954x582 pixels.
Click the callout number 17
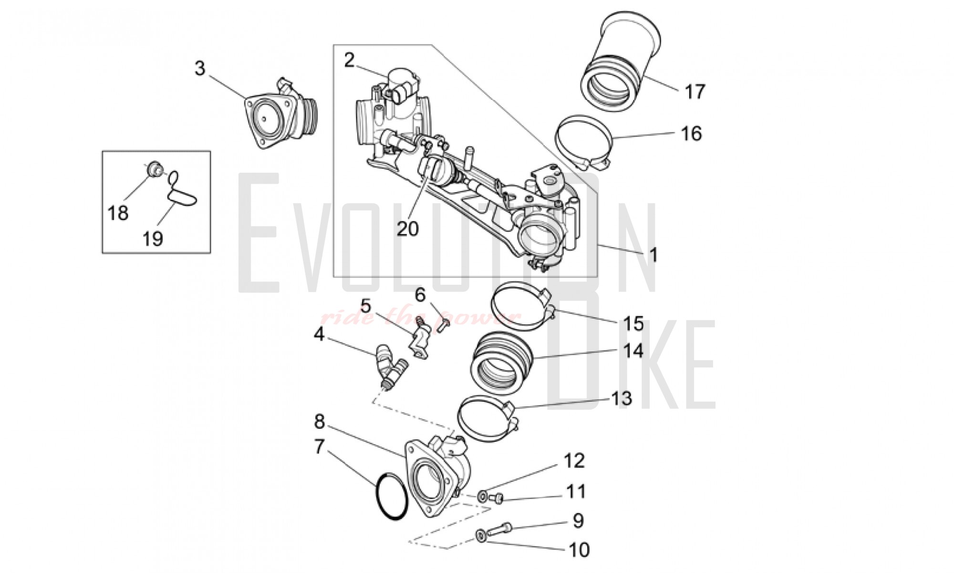pos(695,91)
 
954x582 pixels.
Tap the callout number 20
pos(407,229)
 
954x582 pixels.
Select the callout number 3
pos(200,69)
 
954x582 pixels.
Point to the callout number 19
pos(153,238)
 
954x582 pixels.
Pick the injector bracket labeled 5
pos(421,339)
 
